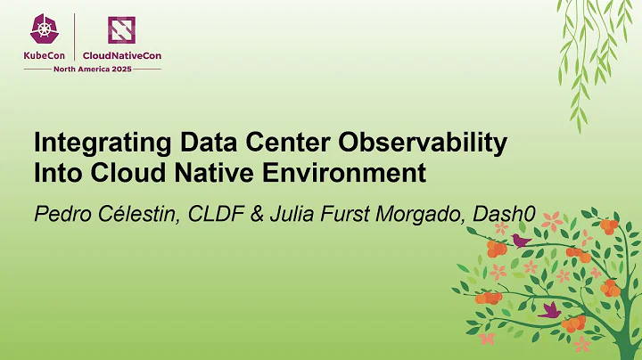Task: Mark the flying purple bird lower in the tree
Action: [x=548, y=308]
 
